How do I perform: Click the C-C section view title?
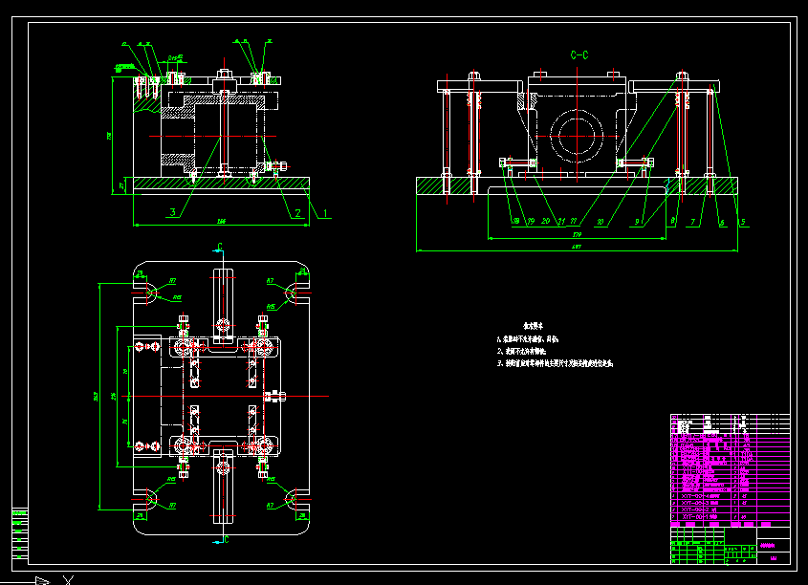(x=579, y=56)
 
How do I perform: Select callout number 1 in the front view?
(x=324, y=213)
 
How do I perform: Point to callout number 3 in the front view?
(x=172, y=212)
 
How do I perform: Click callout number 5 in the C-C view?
(x=743, y=223)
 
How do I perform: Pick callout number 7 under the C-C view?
(x=692, y=223)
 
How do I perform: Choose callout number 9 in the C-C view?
(x=637, y=223)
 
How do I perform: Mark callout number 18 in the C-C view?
(x=517, y=222)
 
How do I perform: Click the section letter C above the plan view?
(x=220, y=248)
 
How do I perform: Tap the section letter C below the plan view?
(x=227, y=539)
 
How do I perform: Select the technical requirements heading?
(x=534, y=326)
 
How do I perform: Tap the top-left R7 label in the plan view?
(x=173, y=281)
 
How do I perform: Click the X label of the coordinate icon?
(x=67, y=579)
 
